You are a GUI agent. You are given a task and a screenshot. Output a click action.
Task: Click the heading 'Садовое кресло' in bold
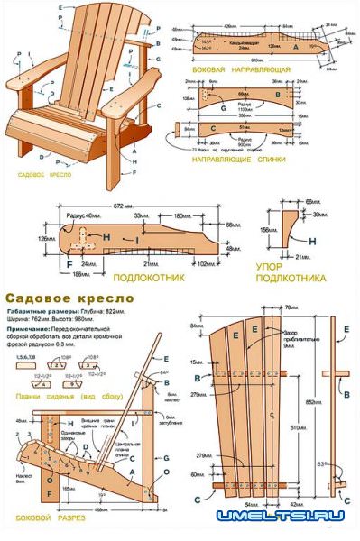coord(69,297)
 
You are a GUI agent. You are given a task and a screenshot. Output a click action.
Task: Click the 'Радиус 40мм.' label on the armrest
coord(84,216)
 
